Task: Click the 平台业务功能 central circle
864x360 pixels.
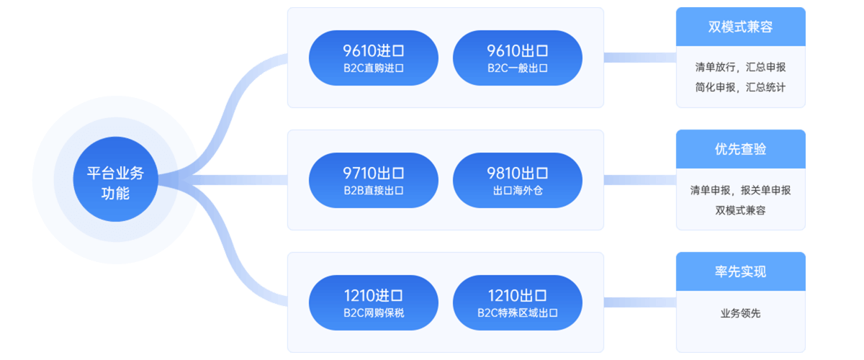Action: [115, 179]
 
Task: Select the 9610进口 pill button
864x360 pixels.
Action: [374, 58]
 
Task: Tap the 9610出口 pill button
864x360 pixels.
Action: [517, 58]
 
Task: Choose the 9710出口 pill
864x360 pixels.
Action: [374, 180]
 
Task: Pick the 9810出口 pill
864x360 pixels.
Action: [517, 180]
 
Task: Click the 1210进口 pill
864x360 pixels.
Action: [374, 302]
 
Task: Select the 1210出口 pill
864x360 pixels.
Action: [517, 302]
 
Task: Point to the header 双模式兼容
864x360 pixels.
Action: [741, 27]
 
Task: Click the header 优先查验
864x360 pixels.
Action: [741, 149]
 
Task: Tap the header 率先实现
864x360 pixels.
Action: [741, 271]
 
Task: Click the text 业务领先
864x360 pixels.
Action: [741, 313]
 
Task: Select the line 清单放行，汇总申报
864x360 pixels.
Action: [741, 67]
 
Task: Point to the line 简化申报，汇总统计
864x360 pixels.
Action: [741, 87]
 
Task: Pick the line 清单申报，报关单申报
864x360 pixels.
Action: [741, 190]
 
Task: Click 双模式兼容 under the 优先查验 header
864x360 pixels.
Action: [741, 210]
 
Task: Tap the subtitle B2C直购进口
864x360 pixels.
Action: [374, 68]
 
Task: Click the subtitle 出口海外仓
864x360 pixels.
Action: [518, 191]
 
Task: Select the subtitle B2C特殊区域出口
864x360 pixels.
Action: [518, 313]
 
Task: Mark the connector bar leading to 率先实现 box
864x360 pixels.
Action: [640, 302]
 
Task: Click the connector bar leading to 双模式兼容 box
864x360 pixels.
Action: [640, 58]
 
